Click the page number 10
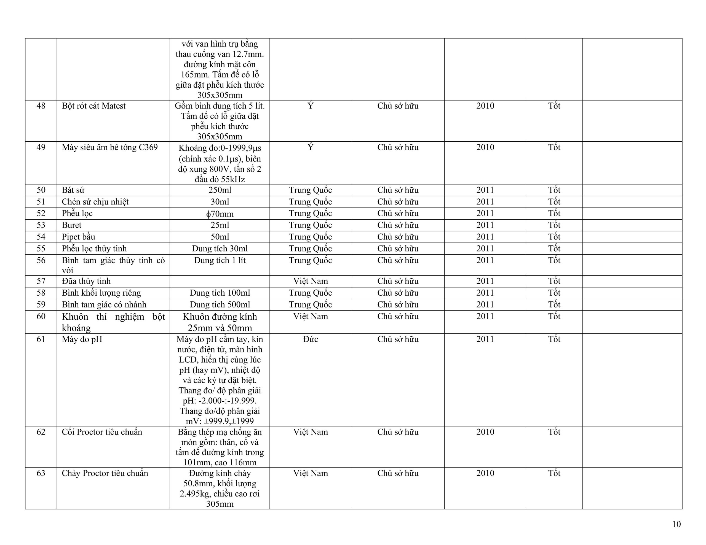coord(676,524)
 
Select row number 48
coord(41,106)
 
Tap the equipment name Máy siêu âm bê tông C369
coord(109,147)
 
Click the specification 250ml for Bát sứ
coord(220,190)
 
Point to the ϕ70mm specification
coord(220,214)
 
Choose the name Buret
coord(71,225)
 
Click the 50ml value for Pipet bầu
coord(220,237)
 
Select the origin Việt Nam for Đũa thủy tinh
coord(310,281)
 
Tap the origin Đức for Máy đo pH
coord(310,339)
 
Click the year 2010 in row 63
coord(485,473)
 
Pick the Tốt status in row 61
coord(554,339)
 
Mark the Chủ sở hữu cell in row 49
coord(398,147)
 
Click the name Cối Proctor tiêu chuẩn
coord(102,432)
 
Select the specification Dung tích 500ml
coord(220,305)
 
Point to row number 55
coord(41,249)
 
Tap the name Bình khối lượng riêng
coord(101,293)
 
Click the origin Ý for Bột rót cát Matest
coord(310,106)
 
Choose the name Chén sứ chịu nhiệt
coord(95,202)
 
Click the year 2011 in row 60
coord(485,316)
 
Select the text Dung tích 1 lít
coord(220,260)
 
